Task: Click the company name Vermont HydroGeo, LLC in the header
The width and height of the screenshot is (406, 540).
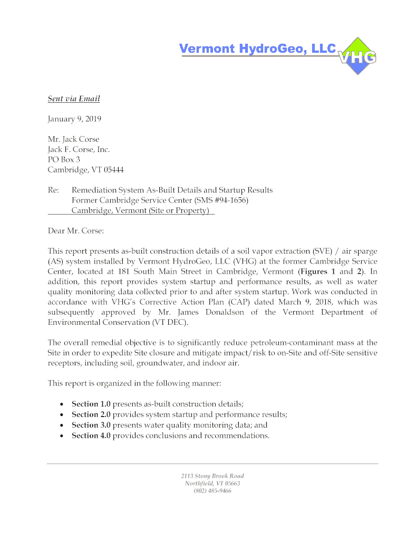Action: coord(257,49)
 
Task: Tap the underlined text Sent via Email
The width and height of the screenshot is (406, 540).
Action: coord(74,99)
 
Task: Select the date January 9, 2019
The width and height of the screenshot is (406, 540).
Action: coord(74,119)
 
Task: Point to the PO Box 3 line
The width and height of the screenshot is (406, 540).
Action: coord(64,159)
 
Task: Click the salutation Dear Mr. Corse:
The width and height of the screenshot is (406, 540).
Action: coord(76,230)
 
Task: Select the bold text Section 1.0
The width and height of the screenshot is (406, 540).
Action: coord(91,404)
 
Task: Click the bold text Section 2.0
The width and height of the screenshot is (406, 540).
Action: coord(91,415)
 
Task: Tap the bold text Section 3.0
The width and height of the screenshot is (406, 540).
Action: coord(91,425)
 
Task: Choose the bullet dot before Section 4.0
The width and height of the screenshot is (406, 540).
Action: coord(62,436)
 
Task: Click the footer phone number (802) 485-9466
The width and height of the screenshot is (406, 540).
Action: coord(212,491)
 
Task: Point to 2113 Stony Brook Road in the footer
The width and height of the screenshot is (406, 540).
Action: coord(212,476)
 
